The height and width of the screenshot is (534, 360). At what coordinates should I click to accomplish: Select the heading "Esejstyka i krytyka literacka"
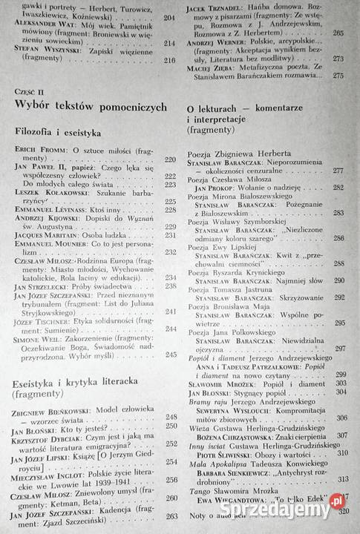click(77, 383)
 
